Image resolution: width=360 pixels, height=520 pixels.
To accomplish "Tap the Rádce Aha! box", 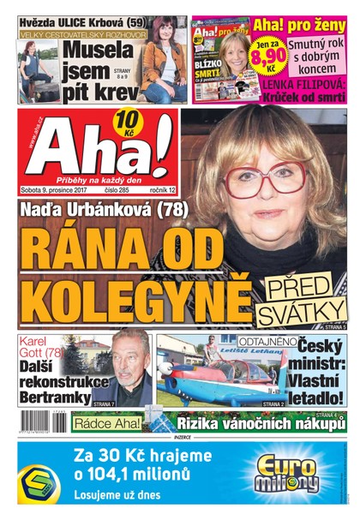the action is [104, 423].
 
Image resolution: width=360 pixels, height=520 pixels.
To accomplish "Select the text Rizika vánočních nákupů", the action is [257, 422].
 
